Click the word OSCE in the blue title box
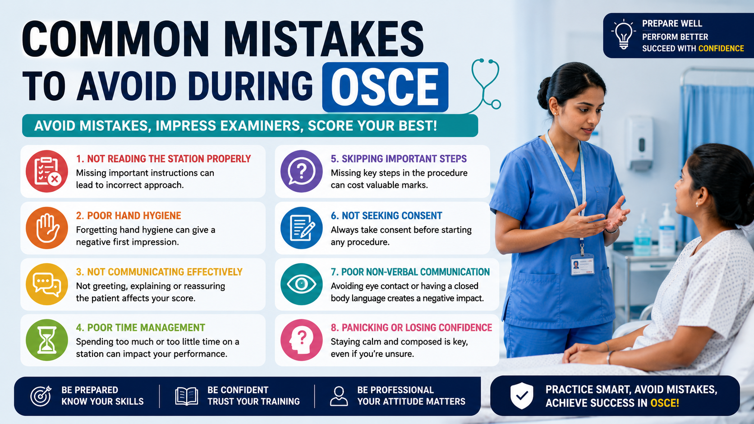385,87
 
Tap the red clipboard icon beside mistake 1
47,171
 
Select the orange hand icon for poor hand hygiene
47,228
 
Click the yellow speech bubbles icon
47,284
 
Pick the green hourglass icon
47,340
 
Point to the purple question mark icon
302,171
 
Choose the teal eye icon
302,284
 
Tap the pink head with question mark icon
302,340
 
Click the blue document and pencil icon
302,228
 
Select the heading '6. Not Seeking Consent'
386,215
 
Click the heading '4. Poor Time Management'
140,328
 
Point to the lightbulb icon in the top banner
623,34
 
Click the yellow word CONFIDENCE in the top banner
721,48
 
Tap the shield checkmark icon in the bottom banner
522,396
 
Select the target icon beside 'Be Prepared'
41,396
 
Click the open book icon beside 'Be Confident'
187,396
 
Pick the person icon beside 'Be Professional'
339,396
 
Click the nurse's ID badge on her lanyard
582,264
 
